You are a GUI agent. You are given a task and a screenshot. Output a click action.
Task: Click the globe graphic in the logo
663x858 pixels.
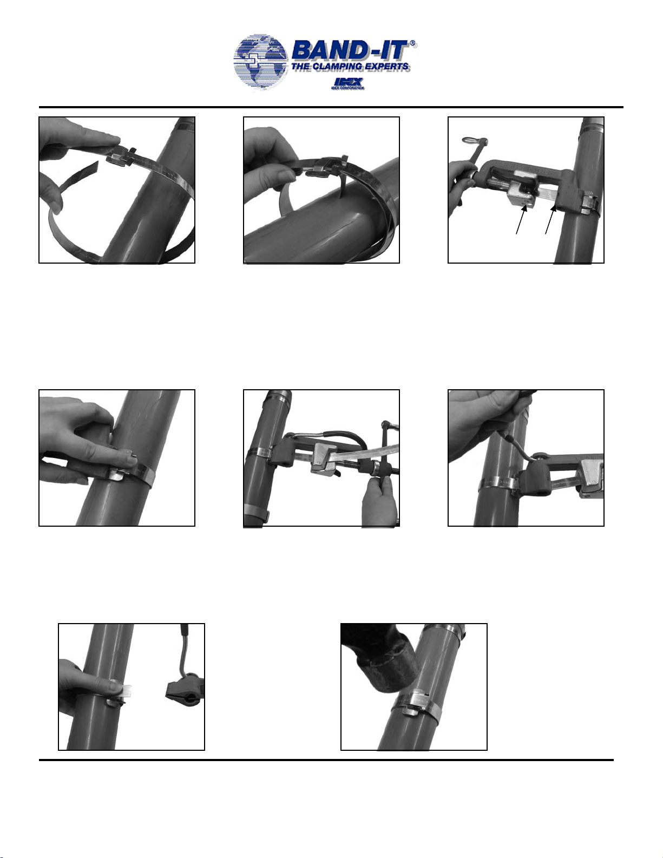pyautogui.click(x=260, y=63)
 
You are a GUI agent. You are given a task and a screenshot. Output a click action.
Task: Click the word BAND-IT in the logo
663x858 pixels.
pyautogui.click(x=350, y=51)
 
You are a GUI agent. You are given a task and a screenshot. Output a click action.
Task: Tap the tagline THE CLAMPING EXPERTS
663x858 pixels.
pyautogui.click(x=350, y=67)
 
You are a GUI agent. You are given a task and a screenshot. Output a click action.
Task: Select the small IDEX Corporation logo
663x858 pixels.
pyautogui.click(x=347, y=83)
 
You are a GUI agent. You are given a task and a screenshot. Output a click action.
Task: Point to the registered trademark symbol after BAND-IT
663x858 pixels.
pyautogui.click(x=413, y=44)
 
